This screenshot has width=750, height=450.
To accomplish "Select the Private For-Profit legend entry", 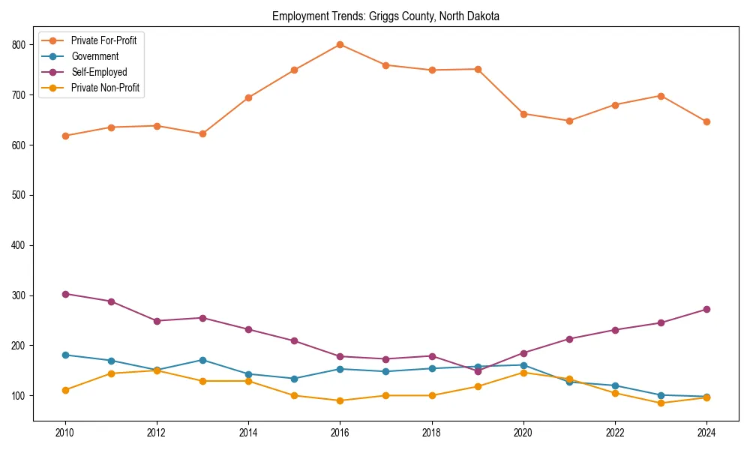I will (103, 40).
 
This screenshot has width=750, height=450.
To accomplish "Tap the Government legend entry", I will (94, 56).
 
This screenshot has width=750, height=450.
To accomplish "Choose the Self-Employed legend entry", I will (99, 72).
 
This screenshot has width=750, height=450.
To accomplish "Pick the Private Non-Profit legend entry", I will (105, 88).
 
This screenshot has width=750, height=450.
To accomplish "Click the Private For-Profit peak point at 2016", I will (340, 44).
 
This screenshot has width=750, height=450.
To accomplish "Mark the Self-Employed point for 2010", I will (65, 294).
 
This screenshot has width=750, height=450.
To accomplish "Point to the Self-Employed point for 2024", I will (706, 309).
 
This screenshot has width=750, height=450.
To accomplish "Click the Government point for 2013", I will (202, 360).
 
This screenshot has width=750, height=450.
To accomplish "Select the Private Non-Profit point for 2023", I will (661, 403).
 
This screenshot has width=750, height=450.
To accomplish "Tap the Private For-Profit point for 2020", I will (523, 114).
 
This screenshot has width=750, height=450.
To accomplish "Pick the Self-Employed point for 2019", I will (478, 370).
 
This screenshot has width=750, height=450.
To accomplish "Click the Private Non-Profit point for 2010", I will (65, 390).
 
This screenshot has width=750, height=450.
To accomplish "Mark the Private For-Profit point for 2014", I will (248, 97).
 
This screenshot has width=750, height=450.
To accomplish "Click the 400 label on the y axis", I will (23, 245).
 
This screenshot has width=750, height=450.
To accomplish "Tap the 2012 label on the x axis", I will (157, 433).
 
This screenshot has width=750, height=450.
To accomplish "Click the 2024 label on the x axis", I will (706, 433).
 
